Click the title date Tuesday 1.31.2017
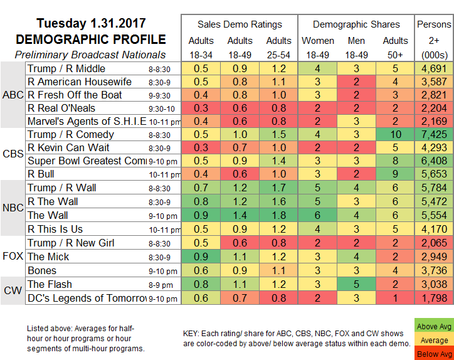click(x=91, y=24)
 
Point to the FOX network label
click(x=13, y=257)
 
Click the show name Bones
click(x=42, y=270)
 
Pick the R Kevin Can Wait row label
click(x=69, y=147)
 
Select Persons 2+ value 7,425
click(x=434, y=134)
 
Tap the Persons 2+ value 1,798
click(x=434, y=297)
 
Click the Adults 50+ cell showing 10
click(x=395, y=134)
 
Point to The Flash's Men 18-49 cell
click(x=356, y=283)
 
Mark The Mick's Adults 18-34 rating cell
click(x=202, y=257)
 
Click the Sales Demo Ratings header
click(x=240, y=24)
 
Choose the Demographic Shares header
click(x=356, y=24)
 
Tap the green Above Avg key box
click(x=434, y=326)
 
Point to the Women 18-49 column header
click(x=317, y=48)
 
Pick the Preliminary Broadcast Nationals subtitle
click(x=91, y=55)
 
